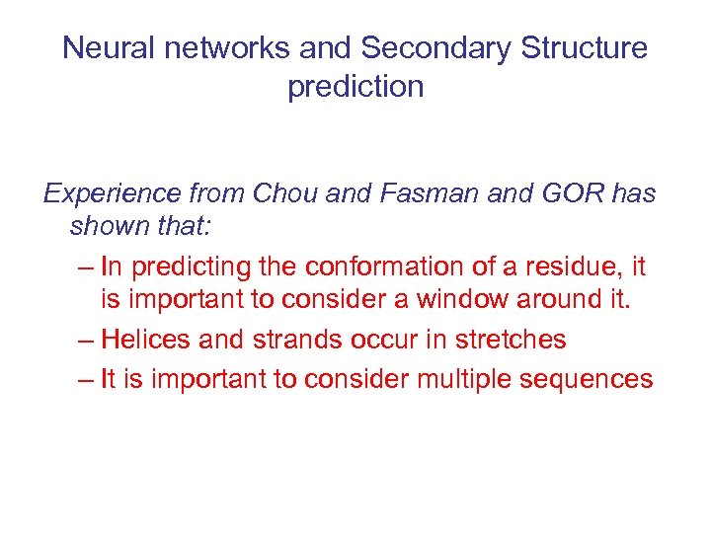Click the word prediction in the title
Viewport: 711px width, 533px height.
tap(355, 87)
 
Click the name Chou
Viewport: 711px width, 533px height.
tap(285, 193)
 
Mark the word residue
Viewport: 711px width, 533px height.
tap(572, 266)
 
